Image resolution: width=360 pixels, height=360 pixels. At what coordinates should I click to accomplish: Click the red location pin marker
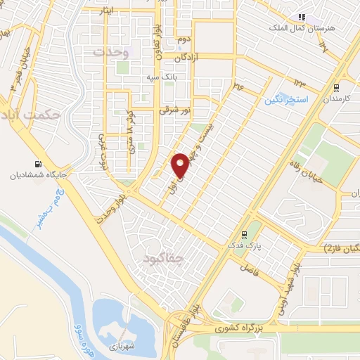pos(180,165)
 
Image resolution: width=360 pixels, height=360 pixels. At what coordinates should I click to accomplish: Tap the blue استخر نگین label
pos(287,100)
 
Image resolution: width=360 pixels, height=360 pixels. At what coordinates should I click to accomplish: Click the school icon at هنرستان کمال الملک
pos(301,17)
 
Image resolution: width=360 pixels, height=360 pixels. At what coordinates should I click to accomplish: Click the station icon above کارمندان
pos(337,89)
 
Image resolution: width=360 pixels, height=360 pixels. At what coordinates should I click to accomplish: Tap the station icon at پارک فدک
pos(244,236)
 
